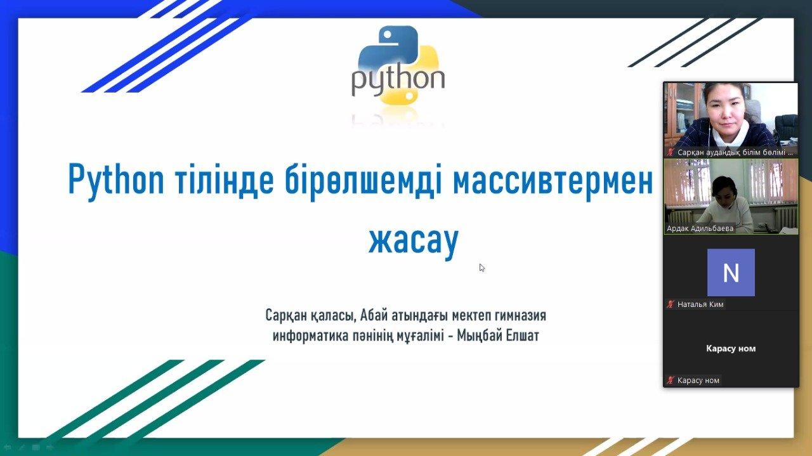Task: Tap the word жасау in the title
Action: (414, 241)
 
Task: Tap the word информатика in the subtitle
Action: (310, 335)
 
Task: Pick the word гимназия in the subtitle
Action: (521, 315)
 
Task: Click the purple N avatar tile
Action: (731, 272)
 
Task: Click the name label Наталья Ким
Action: (700, 304)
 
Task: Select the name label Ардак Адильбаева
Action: (700, 228)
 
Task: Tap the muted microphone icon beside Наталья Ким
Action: (671, 304)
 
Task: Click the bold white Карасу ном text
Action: (731, 348)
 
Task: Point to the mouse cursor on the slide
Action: (481, 268)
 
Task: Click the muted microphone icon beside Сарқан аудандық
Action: (671, 152)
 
